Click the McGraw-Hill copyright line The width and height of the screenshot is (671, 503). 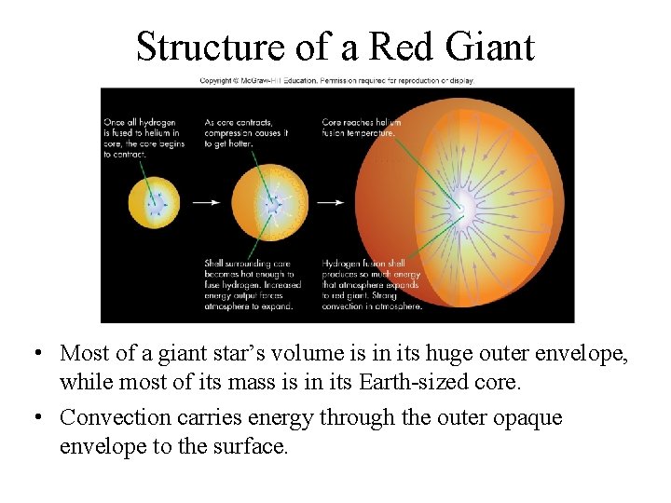[x=337, y=81]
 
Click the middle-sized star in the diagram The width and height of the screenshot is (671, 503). [x=268, y=202]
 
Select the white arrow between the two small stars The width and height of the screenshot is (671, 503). [x=206, y=202]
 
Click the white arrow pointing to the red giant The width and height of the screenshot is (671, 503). [x=330, y=202]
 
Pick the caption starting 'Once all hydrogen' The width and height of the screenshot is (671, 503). [x=144, y=138]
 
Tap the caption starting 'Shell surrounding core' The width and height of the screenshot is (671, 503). [x=249, y=284]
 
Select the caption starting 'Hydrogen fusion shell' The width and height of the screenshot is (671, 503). [x=372, y=284]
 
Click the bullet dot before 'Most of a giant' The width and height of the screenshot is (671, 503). [x=34, y=354]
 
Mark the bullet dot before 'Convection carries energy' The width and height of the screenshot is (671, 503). [x=34, y=418]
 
